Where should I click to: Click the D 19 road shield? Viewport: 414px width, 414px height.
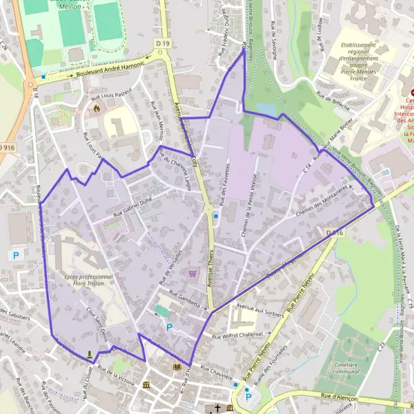tap(162, 43)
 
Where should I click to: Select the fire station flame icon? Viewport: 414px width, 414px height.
tap(97, 108)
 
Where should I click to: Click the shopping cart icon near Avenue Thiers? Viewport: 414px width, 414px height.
tap(192, 273)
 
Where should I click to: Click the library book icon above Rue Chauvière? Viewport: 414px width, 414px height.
tap(177, 366)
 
